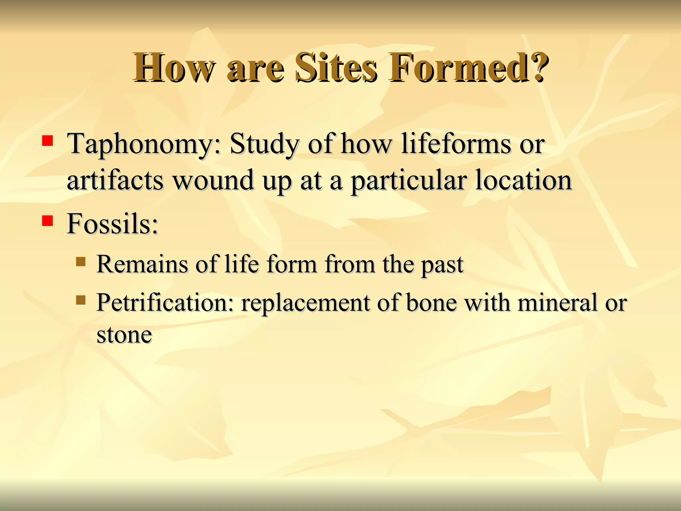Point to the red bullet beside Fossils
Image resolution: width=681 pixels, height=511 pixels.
pos(48,221)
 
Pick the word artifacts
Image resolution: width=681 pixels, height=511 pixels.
pos(115,181)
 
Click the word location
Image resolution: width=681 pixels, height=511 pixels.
pos(523,181)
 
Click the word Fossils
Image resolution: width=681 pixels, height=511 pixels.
pos(112,224)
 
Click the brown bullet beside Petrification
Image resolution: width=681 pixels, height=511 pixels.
pos(80,300)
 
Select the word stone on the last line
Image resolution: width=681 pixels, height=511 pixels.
pos(124,335)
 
